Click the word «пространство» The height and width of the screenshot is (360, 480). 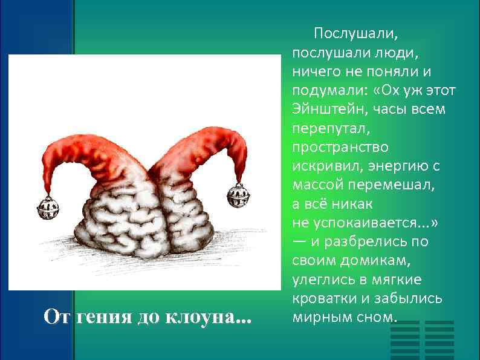point(340,147)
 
